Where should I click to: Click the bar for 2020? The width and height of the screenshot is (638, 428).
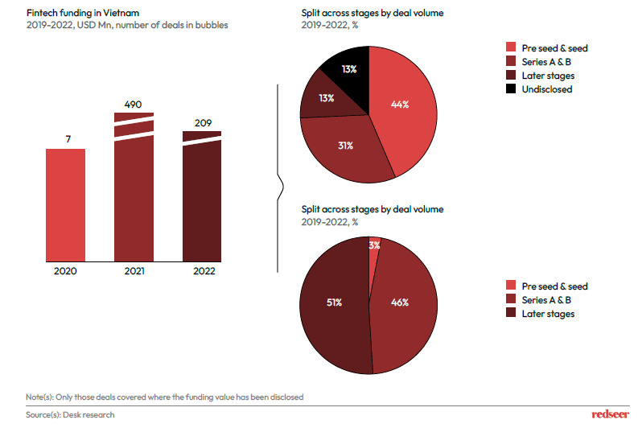tap(65, 205)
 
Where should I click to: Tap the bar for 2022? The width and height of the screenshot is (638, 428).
tap(202, 201)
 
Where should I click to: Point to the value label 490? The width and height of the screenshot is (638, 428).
tap(134, 103)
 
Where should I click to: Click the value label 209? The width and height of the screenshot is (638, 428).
tap(202, 122)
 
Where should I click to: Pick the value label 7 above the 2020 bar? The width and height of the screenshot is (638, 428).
tap(65, 139)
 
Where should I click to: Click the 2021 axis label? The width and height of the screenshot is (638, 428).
tap(134, 271)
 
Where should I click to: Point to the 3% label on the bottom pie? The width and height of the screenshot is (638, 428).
tap(374, 245)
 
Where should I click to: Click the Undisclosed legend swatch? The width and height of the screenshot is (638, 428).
tap(510, 89)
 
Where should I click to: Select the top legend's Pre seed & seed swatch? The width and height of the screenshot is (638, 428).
tap(510, 48)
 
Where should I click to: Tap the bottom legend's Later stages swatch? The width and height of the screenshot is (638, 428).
tap(510, 314)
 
